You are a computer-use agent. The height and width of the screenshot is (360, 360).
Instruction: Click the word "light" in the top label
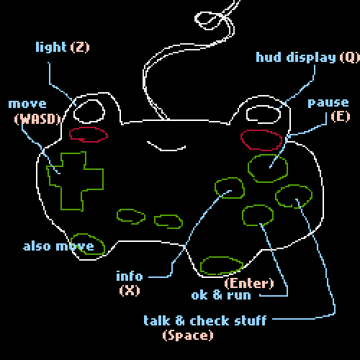(51, 47)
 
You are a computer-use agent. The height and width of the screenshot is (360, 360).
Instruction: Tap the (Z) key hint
(80, 47)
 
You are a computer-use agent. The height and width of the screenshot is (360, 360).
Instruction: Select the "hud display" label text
(296, 58)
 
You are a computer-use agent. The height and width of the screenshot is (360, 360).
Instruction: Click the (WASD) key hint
(37, 119)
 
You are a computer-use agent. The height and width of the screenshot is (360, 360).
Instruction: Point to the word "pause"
(328, 104)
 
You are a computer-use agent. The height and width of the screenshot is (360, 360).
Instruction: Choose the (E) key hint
(341, 117)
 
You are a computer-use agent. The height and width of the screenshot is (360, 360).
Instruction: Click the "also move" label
(58, 246)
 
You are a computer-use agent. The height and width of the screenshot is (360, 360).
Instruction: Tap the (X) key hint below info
(130, 291)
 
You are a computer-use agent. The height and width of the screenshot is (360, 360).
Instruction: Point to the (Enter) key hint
(249, 284)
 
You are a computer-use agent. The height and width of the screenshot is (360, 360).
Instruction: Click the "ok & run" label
(221, 295)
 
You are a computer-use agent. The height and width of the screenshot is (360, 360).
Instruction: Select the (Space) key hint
(188, 336)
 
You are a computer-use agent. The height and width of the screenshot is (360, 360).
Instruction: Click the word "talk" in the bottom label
(157, 320)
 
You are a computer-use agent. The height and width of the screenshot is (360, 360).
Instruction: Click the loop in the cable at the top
(195, 19)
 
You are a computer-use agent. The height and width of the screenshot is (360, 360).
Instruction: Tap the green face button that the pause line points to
(248, 168)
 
